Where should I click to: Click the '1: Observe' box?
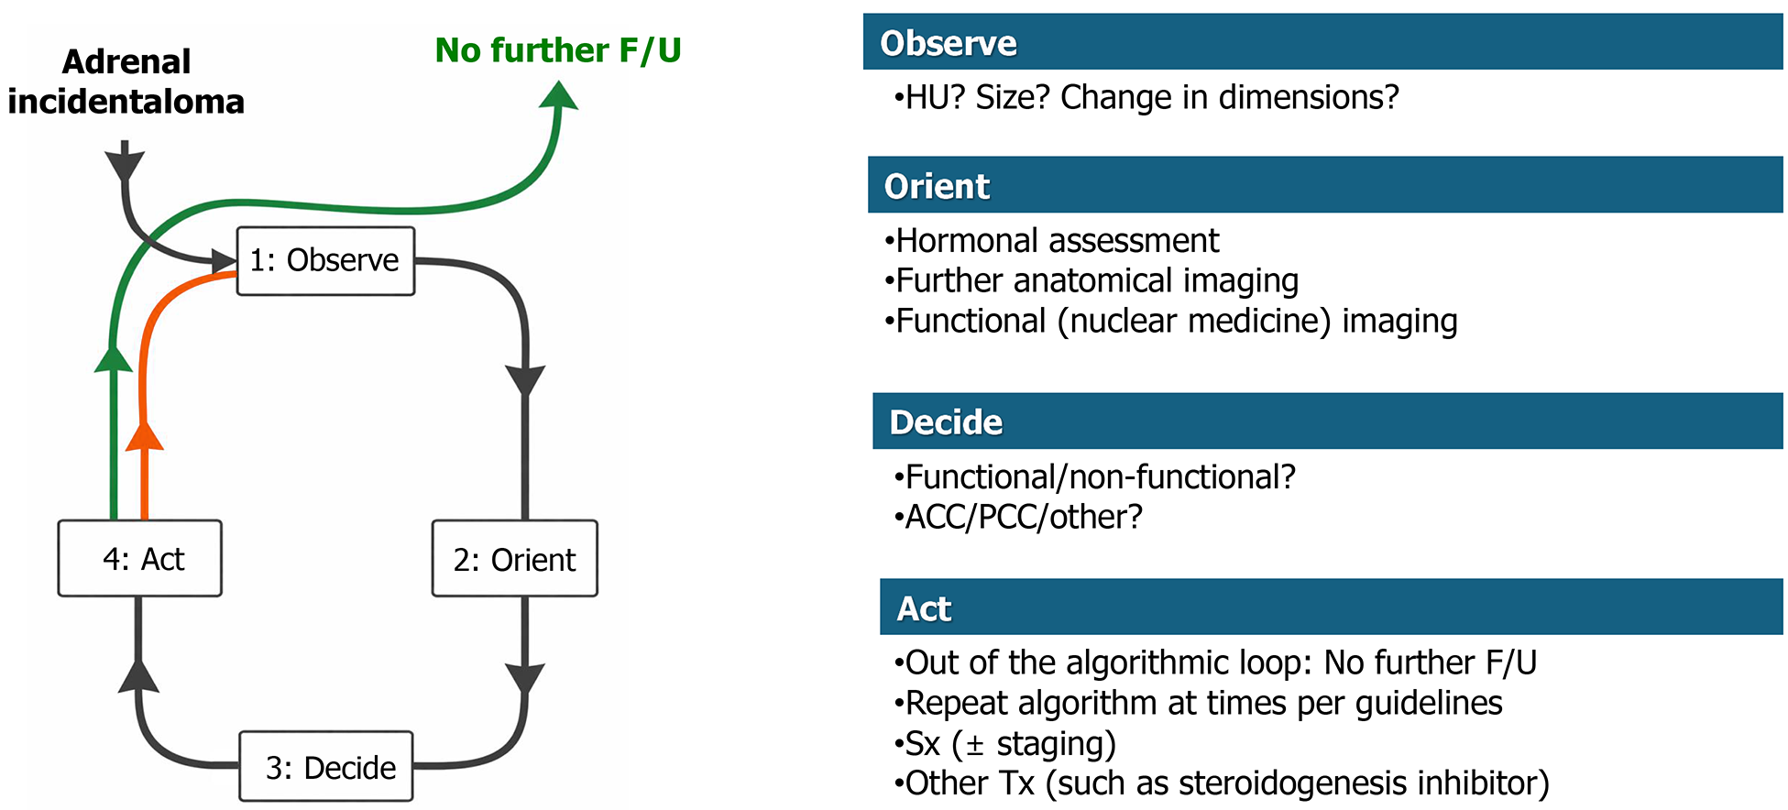[x=325, y=261]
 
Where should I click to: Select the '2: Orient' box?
[x=514, y=559]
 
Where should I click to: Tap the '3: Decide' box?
[x=326, y=767]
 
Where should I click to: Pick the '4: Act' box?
[x=140, y=559]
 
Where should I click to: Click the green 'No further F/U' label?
[x=557, y=50]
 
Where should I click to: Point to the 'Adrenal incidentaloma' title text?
[x=126, y=82]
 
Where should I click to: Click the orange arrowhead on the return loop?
[x=144, y=436]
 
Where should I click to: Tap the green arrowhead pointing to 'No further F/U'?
[x=558, y=95]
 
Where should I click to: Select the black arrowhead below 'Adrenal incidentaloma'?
[x=125, y=165]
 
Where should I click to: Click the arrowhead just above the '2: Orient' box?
[x=525, y=379]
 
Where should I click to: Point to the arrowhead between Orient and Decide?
[x=525, y=678]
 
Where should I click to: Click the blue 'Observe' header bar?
[x=1322, y=43]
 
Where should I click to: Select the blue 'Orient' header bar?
[x=1324, y=186]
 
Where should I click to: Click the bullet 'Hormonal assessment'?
[x=1052, y=241]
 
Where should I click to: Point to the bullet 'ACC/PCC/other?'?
[x=1019, y=518]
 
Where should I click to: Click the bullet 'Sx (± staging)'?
[x=1005, y=743]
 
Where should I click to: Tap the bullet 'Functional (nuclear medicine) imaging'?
[x=1171, y=322]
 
